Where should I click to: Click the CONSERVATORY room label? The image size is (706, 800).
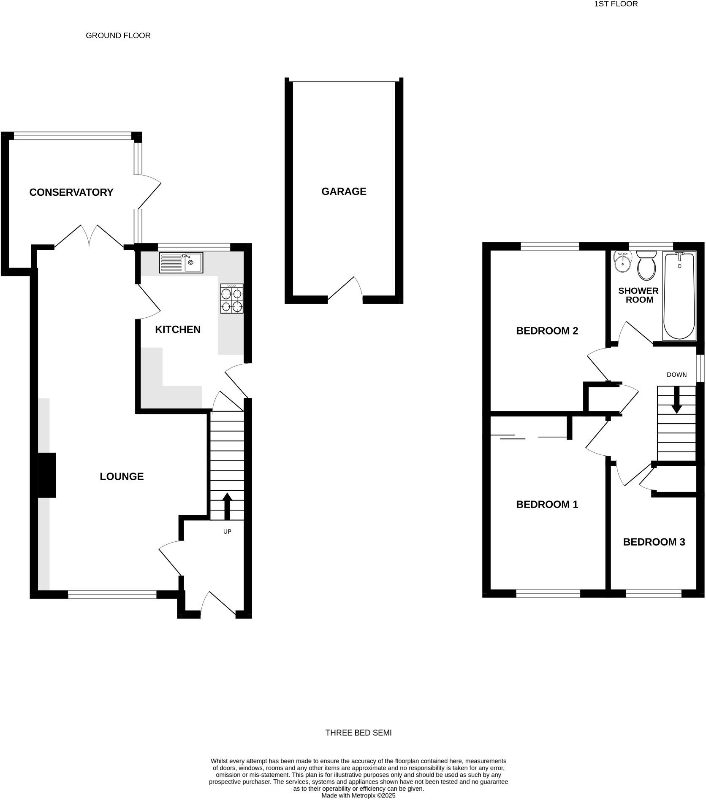tap(71, 192)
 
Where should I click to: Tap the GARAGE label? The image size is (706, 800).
tap(344, 192)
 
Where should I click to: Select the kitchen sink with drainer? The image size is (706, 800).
tap(181, 262)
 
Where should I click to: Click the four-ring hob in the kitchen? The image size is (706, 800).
tap(232, 299)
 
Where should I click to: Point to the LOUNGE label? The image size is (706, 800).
tap(122, 476)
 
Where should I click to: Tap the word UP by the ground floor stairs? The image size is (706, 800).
tap(227, 532)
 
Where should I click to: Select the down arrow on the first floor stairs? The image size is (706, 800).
tap(676, 400)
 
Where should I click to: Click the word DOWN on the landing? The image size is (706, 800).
tap(676, 375)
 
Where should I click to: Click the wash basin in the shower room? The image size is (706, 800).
tap(622, 262)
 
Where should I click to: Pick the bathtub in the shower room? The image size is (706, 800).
tap(679, 295)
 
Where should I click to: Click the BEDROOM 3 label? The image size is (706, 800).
tap(654, 542)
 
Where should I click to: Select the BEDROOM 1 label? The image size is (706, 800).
tap(547, 504)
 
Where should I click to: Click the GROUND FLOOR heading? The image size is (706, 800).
tap(118, 35)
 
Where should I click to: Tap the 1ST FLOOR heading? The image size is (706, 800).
tap(616, 4)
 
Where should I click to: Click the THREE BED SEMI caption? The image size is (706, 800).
tap(358, 733)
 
